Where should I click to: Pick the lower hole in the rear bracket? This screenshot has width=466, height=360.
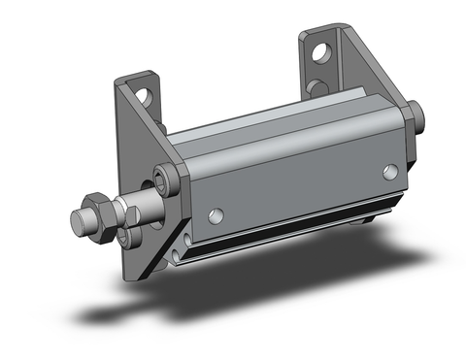(316, 87)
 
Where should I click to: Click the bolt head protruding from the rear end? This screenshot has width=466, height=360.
(418, 115)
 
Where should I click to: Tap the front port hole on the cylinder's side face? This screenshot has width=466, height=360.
(216, 214)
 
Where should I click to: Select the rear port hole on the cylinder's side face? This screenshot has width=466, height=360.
(390, 172)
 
